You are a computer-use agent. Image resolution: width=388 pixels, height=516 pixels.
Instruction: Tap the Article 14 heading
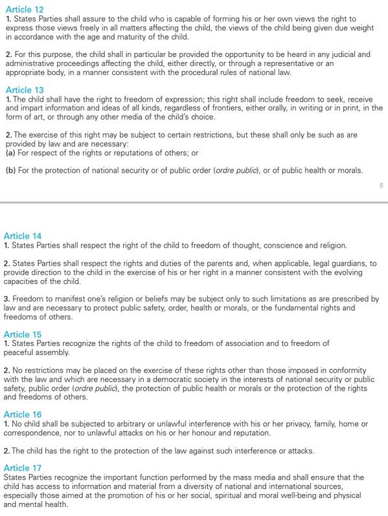click(23, 236)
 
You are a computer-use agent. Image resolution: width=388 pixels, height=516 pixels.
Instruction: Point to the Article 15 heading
click(23, 334)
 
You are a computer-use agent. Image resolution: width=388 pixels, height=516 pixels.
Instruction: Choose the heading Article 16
click(23, 414)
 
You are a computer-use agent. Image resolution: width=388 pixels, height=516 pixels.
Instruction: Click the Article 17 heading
click(23, 468)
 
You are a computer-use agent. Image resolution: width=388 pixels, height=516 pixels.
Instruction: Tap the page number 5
click(381, 185)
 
